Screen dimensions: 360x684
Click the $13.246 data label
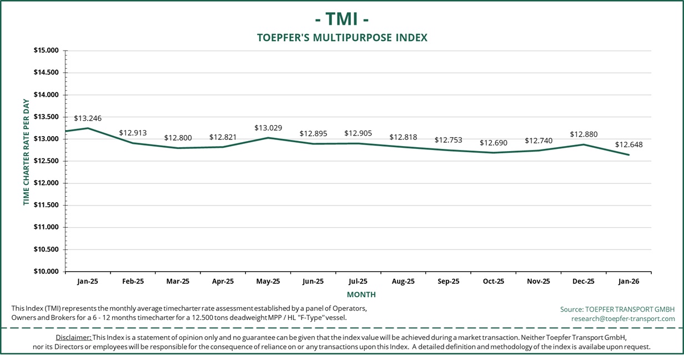coord(88,118)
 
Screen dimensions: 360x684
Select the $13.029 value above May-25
coord(268,128)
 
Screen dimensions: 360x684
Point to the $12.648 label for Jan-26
coord(628,145)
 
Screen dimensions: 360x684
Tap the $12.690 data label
coord(494,143)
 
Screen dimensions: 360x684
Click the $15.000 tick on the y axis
coord(46,51)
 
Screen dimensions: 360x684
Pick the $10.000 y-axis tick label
coord(46,272)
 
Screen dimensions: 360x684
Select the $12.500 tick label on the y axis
coord(46,161)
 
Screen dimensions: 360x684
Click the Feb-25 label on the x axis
coord(133,282)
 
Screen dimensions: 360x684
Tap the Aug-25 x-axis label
coord(403,282)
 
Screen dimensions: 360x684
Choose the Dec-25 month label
coord(583,282)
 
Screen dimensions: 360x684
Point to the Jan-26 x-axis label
coord(628,282)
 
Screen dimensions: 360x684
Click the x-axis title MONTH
coord(361,294)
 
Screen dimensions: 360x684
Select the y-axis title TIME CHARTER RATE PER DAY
coord(26,152)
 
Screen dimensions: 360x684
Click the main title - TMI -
coord(342,19)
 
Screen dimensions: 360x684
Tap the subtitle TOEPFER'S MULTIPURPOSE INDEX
coord(342,38)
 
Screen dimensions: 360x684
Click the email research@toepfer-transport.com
coord(623,319)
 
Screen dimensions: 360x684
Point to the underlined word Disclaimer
coord(73,338)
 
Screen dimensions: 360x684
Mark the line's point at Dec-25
coord(583,144)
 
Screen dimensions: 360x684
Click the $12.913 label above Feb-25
coord(133,133)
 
